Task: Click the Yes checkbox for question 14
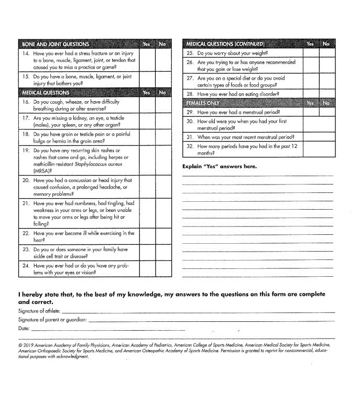pyautogui.click(x=147, y=60)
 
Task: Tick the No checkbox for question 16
pyautogui.click(x=163, y=105)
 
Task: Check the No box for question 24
pyautogui.click(x=163, y=269)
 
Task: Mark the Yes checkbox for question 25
pyautogui.click(x=311, y=53)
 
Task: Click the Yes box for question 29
pyautogui.click(x=311, y=112)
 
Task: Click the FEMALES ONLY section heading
pyautogui.click(x=202, y=103)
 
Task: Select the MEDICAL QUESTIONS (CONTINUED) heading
pyautogui.click(x=225, y=44)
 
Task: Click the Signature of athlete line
pyautogui.click(x=198, y=311)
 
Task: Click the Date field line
pyautogui.click(x=108, y=329)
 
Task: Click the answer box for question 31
pyautogui.click(x=319, y=137)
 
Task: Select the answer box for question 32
pyautogui.click(x=319, y=149)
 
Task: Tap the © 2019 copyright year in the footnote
pyautogui.click(x=25, y=345)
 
